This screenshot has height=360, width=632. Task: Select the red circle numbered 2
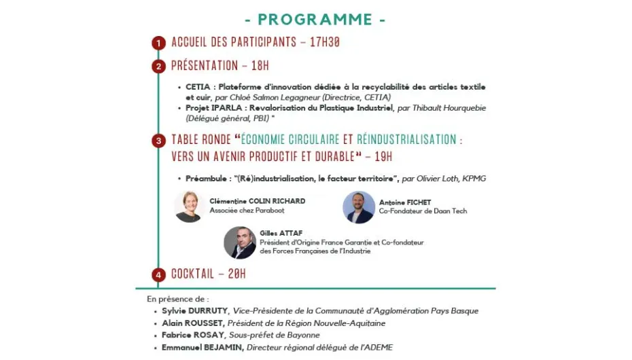pos(159,67)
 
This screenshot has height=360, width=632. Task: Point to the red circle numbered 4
pos(159,275)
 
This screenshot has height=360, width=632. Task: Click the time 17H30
pos(324,42)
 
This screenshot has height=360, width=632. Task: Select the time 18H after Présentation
pos(259,66)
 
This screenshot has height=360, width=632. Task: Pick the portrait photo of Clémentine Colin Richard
pos(190,206)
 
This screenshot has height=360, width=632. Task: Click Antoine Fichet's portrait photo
pos(359,207)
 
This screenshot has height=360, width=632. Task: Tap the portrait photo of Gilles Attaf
pos(240,242)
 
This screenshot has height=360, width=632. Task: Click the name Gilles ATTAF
pos(281,233)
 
